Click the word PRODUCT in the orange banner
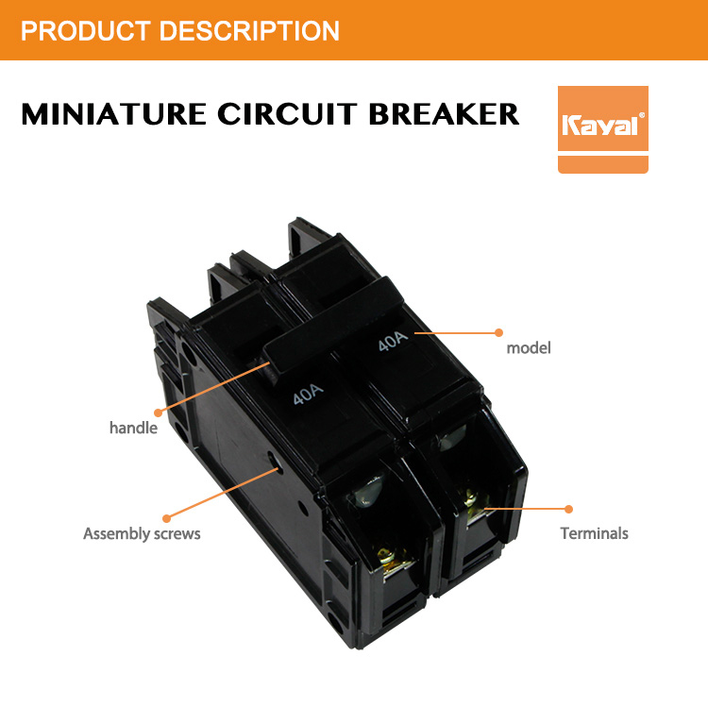pyautogui.click(x=86, y=31)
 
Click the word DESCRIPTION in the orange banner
pyautogui.click(x=249, y=31)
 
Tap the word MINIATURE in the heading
pyautogui.click(x=113, y=114)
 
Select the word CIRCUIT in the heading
pyautogui.click(x=287, y=114)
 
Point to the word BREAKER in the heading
pyautogui.click(x=445, y=114)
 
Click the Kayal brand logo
pyautogui.click(x=602, y=129)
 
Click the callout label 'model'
pyautogui.click(x=529, y=347)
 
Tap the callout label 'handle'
pyautogui.click(x=133, y=428)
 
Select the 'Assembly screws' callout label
pyautogui.click(x=142, y=533)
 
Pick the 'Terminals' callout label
pyautogui.click(x=595, y=533)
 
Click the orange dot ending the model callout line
pyautogui.click(x=498, y=332)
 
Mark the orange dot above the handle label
pyautogui.click(x=158, y=413)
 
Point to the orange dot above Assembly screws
pyautogui.click(x=167, y=518)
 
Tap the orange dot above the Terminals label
pyautogui.click(x=568, y=509)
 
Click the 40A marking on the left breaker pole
pyautogui.click(x=308, y=395)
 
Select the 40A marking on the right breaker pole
pyautogui.click(x=393, y=341)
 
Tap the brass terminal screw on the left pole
pyautogui.click(x=390, y=557)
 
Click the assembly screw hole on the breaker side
pyautogui.click(x=273, y=461)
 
